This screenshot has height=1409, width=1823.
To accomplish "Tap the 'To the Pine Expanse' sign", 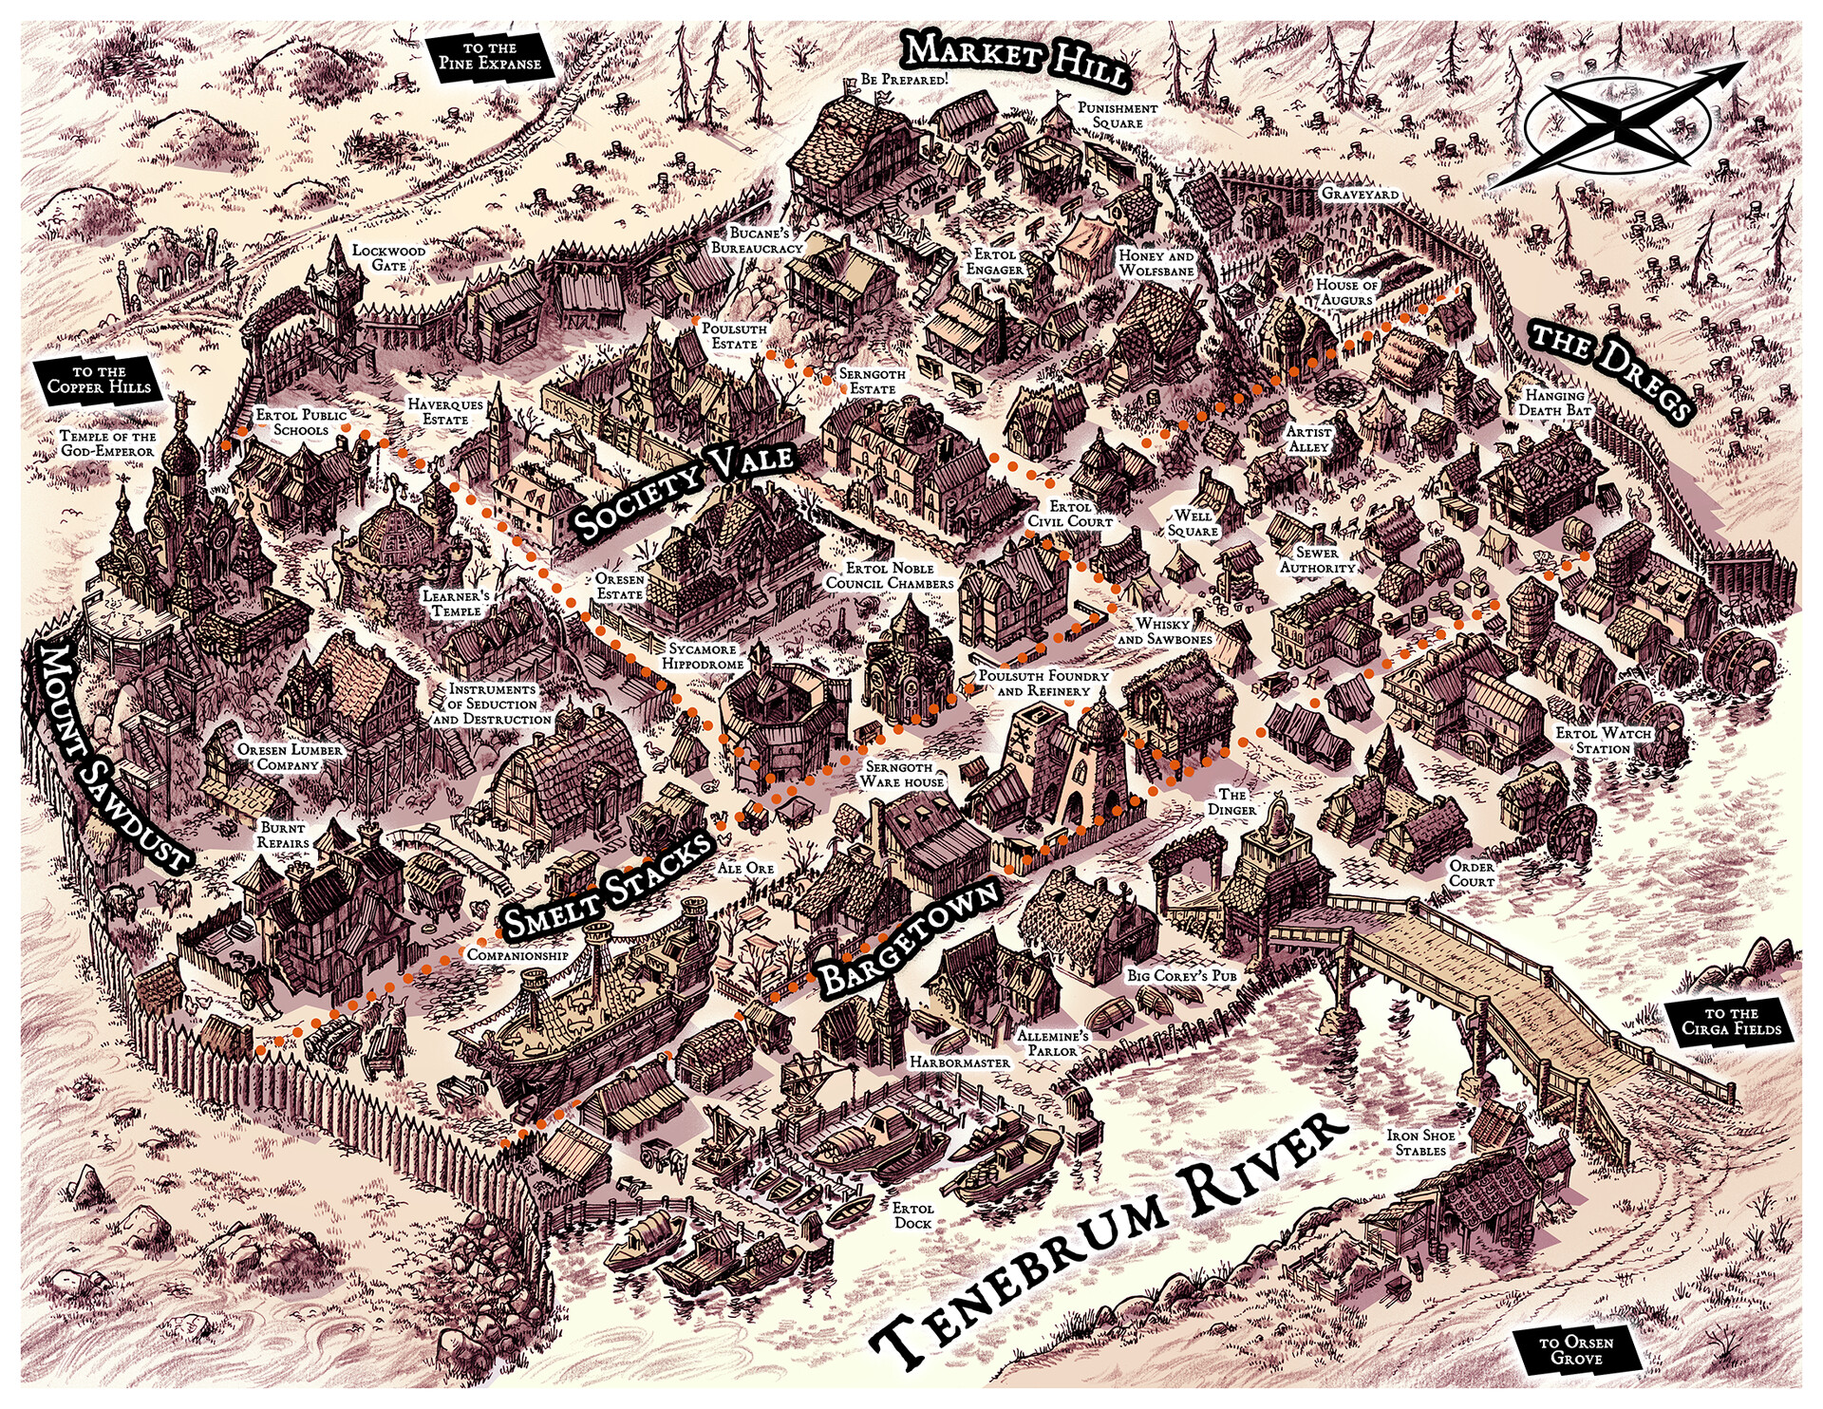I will tap(489, 56).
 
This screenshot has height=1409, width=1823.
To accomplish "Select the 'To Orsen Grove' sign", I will tap(1576, 1349).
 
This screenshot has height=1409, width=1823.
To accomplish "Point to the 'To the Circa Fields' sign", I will tap(1731, 1021).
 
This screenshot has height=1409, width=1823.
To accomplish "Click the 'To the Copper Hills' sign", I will tap(99, 380).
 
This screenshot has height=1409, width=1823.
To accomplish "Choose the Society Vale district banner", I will tap(683, 491).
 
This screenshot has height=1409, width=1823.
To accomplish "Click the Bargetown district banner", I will tap(909, 937).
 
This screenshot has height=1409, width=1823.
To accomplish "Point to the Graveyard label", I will tap(1360, 194).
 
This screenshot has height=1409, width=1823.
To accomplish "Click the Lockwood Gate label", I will tap(389, 258).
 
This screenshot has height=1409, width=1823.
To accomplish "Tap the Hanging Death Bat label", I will tap(1554, 403).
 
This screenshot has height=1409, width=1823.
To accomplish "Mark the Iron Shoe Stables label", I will tap(1420, 1142).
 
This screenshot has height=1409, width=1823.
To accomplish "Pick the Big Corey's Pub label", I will tap(1181, 975).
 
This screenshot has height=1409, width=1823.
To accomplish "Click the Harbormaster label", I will tap(959, 1062).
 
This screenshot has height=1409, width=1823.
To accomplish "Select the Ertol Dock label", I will tap(912, 1215).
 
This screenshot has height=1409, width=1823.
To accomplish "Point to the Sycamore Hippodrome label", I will tap(703, 656).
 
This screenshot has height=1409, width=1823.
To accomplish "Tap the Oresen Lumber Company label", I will tap(290, 757).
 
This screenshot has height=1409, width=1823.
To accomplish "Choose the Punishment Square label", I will tap(1118, 116).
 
